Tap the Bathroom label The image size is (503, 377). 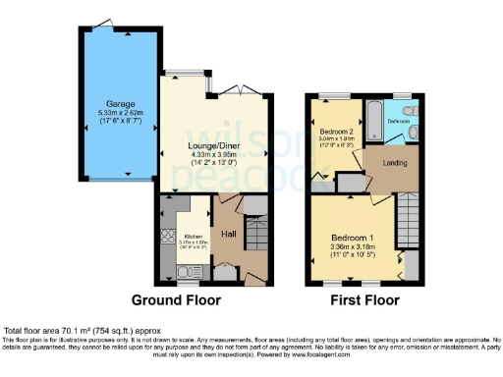pos(398,120)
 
